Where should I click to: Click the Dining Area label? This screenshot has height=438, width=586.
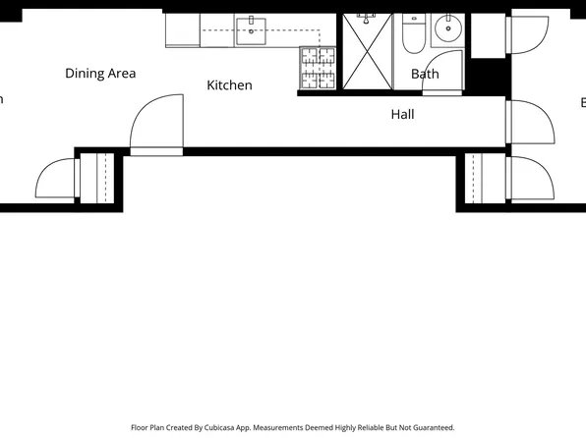click(x=100, y=74)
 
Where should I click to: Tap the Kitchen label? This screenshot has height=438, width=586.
click(x=229, y=85)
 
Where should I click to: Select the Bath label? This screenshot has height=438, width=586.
click(x=425, y=74)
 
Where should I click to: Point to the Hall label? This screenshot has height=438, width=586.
click(x=402, y=114)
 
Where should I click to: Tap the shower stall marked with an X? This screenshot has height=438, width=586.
click(x=368, y=53)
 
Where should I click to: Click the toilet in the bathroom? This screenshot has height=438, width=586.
click(x=413, y=36)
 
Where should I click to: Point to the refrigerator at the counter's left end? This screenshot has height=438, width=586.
click(x=183, y=29)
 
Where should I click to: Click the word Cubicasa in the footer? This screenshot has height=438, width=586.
click(x=237, y=428)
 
